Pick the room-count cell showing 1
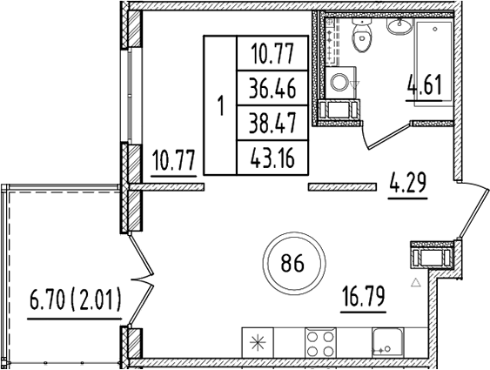click(x=220, y=107)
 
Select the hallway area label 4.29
click(x=407, y=185)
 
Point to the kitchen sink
click(x=384, y=341)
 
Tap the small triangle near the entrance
click(x=416, y=282)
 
